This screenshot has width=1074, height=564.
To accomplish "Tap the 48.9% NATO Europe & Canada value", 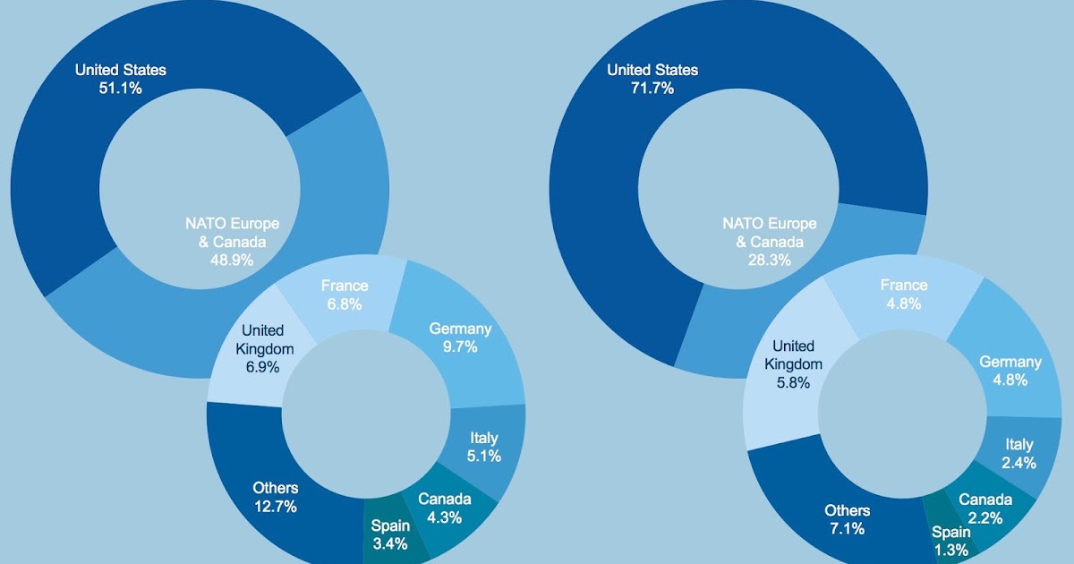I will pyautogui.click(x=232, y=261).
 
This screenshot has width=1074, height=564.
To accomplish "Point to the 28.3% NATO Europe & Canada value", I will pyautogui.click(x=770, y=261).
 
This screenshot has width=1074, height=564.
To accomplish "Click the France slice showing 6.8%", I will pyautogui.click(x=345, y=295).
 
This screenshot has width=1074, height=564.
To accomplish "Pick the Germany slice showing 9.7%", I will pyautogui.click(x=460, y=338).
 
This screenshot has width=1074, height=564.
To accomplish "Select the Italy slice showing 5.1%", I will pyautogui.click(x=484, y=447).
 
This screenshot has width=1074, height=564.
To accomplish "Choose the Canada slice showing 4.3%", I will pyautogui.click(x=444, y=508).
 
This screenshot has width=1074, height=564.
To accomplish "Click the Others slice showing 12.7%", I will pyautogui.click(x=275, y=497).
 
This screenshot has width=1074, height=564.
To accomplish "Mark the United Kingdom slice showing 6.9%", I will pyautogui.click(x=258, y=349).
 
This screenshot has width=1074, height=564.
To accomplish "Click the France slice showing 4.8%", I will pyautogui.click(x=904, y=294).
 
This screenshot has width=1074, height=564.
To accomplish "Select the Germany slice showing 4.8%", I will pyautogui.click(x=1010, y=370).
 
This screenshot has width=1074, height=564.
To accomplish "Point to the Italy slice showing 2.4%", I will pyautogui.click(x=1019, y=453).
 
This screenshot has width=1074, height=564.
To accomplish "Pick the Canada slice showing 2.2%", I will pyautogui.click(x=985, y=508).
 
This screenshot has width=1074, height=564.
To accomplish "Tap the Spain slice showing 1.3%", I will pyautogui.click(x=950, y=541).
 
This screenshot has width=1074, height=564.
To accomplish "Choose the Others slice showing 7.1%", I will pyautogui.click(x=847, y=519).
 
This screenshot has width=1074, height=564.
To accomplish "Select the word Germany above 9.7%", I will pyautogui.click(x=460, y=329).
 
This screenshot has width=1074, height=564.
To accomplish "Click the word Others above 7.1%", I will pyautogui.click(x=847, y=510).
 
